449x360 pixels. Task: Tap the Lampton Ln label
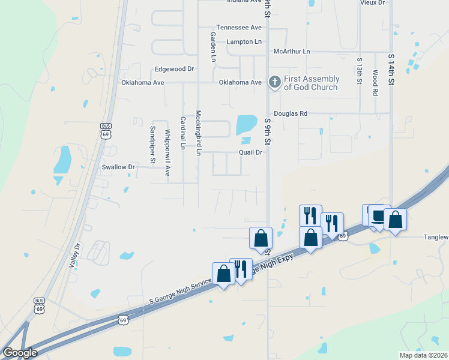tap(244, 42)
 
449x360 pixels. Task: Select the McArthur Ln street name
tap(292, 52)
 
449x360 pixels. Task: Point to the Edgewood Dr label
tap(174, 69)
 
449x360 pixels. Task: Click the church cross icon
tap(274, 82)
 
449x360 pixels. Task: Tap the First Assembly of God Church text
tap(312, 83)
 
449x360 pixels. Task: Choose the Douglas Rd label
tap(291, 113)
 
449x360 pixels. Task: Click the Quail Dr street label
tap(251, 152)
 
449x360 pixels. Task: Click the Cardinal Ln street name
tap(182, 133)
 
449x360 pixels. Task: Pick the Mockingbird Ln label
tap(197, 133)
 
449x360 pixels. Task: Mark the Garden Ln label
tap(212, 47)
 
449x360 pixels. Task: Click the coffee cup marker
tap(379, 216)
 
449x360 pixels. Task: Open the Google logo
tap(20, 353)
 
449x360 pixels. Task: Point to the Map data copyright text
tap(423, 355)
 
